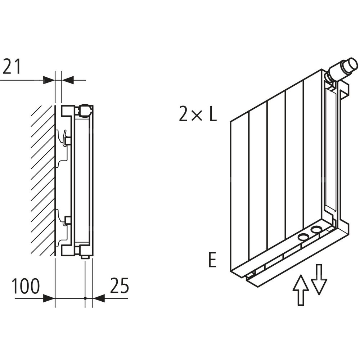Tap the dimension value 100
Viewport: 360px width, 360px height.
(26, 287)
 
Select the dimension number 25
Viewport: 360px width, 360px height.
(119, 287)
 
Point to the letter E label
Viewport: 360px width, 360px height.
(212, 260)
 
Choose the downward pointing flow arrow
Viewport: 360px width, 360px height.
(319, 279)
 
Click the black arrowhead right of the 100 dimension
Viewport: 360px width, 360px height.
(49, 298)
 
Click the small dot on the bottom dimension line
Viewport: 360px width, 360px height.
(85, 298)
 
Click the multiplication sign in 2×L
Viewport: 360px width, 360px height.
(197, 115)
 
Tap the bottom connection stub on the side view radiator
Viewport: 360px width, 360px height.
(85, 256)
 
